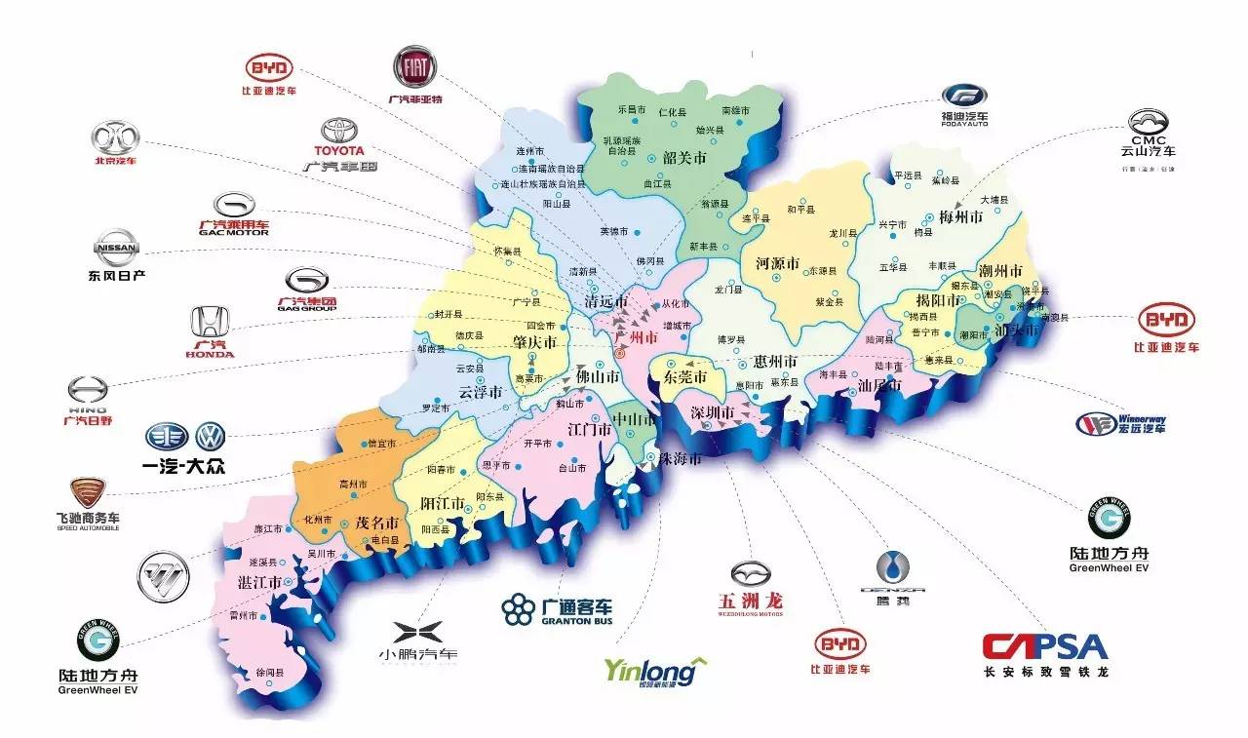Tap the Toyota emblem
click(341, 132)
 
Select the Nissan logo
click(114, 247)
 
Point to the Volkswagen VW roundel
click(210, 437)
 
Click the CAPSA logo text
click(1044, 646)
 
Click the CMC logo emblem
click(1148, 122)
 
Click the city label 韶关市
click(683, 157)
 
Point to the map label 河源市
click(777, 263)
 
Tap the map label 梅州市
click(959, 216)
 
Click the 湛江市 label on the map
click(260, 582)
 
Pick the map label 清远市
click(604, 301)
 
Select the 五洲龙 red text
click(750, 600)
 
